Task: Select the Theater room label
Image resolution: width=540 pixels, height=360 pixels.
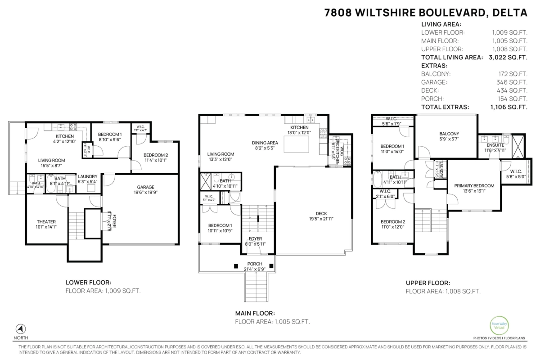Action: point(46,221)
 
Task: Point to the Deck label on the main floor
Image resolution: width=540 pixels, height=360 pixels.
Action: point(321,213)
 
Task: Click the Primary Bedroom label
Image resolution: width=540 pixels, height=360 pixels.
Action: point(474,185)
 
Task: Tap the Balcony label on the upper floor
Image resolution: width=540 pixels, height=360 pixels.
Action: point(449,134)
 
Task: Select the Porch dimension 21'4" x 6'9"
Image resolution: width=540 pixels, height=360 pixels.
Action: point(254,269)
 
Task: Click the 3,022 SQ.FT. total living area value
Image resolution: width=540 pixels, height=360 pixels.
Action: point(508,58)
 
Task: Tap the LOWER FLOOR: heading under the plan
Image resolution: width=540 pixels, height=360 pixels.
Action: point(89,282)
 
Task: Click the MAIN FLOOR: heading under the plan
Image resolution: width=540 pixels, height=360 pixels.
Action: point(255,313)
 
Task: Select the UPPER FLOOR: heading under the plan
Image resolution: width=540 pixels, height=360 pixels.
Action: point(427,283)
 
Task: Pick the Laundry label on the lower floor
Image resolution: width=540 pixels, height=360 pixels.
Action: point(87,176)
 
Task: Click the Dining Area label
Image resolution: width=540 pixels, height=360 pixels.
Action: point(265,143)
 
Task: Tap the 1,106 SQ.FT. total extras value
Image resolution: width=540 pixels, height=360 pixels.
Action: point(508,107)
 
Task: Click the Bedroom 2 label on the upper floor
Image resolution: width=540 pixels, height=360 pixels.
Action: point(392,221)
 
